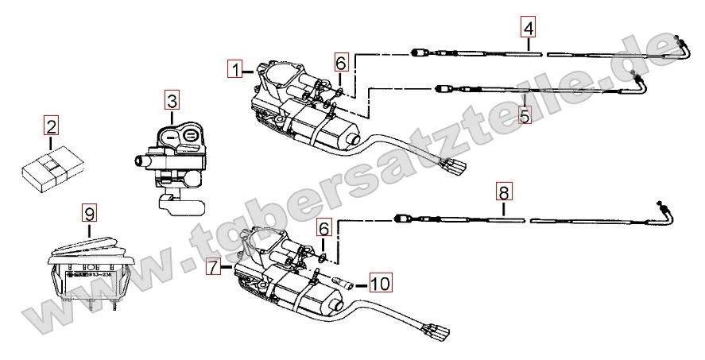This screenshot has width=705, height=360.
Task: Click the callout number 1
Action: tap(234, 68)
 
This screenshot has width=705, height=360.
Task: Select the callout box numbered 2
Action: tap(51, 126)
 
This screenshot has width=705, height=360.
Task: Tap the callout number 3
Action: tap(172, 101)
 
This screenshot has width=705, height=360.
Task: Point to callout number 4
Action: tap(529, 27)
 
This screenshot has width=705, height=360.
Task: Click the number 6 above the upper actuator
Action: tap(340, 62)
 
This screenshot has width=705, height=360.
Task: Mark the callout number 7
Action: tap(212, 268)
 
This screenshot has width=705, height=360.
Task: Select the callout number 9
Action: tap(89, 213)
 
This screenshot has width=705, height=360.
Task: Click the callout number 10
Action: tap(381, 282)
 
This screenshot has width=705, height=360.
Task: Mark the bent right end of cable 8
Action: tap(665, 211)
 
